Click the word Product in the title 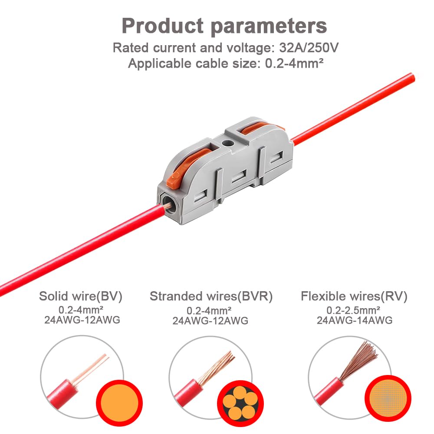(x=163, y=26)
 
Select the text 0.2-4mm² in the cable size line (x=294, y=63)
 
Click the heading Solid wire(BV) (x=81, y=296)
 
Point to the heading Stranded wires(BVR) (x=211, y=296)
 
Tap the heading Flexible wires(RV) (x=354, y=296)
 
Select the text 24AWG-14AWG (x=355, y=320)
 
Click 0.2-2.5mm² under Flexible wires (x=353, y=310)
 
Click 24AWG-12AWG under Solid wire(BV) (x=82, y=320)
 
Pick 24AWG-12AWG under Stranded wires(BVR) (x=210, y=321)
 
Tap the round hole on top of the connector (x=227, y=143)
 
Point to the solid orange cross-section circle (x=119, y=403)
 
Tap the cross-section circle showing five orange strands (x=240, y=404)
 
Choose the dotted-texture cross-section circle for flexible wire (x=388, y=398)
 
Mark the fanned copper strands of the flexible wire (x=359, y=360)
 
